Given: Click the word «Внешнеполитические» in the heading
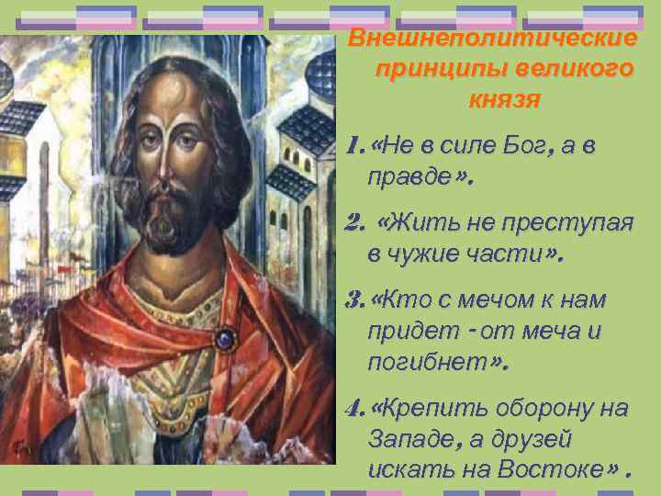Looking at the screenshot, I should tap(493, 39).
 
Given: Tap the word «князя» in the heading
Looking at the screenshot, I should tap(504, 98).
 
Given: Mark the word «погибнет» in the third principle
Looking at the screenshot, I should tap(425, 361).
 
